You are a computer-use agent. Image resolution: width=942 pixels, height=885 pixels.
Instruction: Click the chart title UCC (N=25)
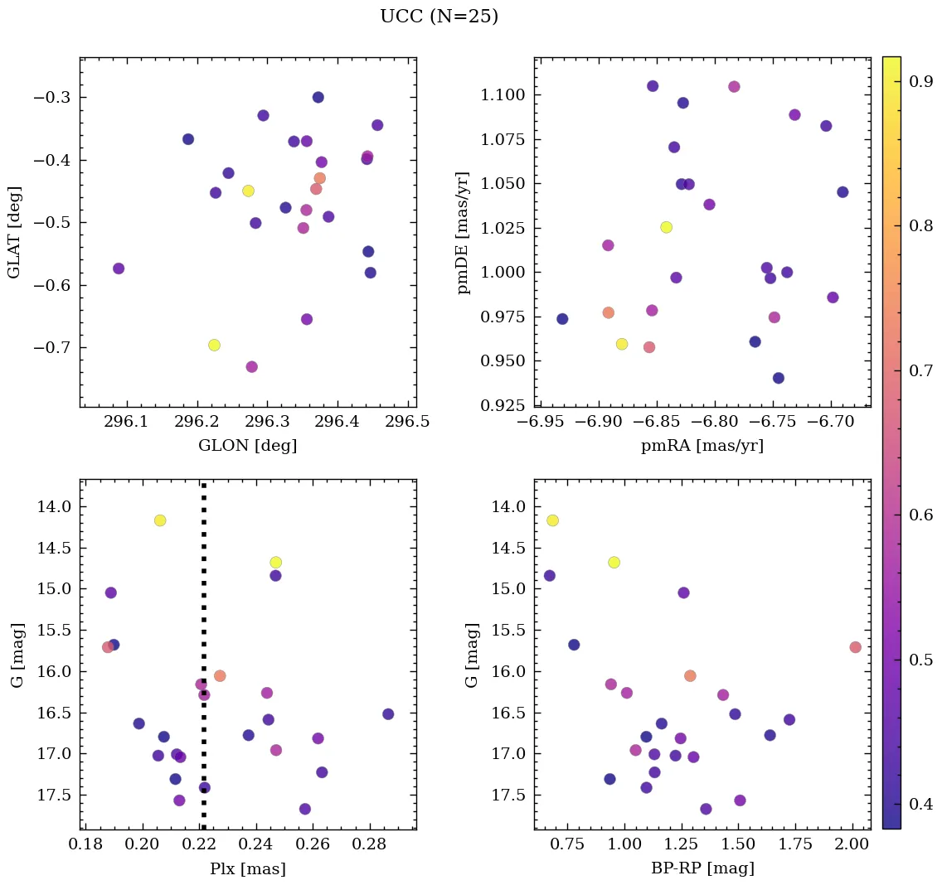[439, 17]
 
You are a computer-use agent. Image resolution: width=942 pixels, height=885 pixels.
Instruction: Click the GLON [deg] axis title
[247, 446]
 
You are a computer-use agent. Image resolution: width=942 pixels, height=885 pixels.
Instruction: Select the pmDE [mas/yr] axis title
[464, 233]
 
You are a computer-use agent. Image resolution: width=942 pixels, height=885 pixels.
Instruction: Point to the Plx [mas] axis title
[247, 868]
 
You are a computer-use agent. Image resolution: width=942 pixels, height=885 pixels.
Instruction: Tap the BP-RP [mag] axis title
[702, 868]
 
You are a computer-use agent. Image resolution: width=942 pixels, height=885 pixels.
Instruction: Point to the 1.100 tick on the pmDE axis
[503, 95]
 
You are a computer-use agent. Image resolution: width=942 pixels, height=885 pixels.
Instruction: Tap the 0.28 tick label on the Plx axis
[369, 847]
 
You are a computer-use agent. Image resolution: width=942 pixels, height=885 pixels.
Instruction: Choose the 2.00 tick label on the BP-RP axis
[852, 847]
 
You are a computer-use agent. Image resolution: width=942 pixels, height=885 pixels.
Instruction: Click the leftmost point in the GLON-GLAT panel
[119, 268]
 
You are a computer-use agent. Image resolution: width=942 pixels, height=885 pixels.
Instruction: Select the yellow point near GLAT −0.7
[214, 345]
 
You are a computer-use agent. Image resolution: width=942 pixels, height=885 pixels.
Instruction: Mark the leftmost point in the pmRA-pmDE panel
[562, 319]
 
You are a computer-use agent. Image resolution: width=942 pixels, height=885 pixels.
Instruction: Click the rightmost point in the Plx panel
[388, 714]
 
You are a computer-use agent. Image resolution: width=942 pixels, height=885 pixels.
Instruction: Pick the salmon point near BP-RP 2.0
[855, 647]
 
